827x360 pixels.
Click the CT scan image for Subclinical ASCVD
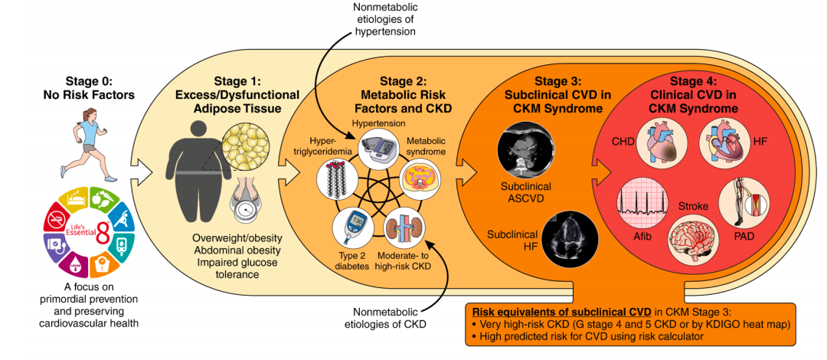pos(523,150)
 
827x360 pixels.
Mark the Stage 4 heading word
pos(694,80)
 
